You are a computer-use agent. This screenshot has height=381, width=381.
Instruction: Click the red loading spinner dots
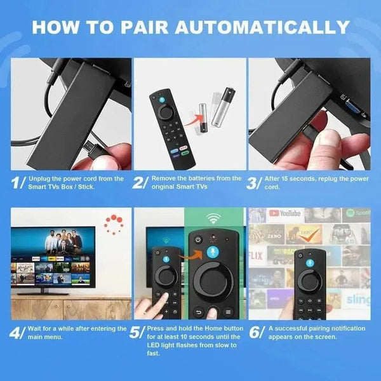point(114,224)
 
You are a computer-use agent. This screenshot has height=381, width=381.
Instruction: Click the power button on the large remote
point(197,241)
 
